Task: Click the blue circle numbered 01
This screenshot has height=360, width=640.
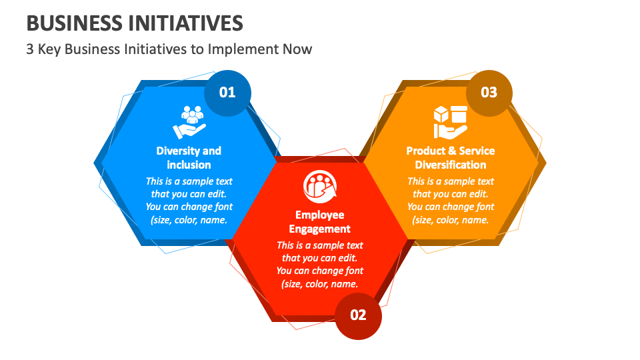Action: pyautogui.click(x=227, y=93)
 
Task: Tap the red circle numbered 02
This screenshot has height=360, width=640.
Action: pyautogui.click(x=358, y=315)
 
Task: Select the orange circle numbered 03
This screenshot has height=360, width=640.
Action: pyautogui.click(x=489, y=93)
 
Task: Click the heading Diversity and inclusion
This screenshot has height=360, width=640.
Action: pyautogui.click(x=189, y=157)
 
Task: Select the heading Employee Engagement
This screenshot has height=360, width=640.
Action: pyautogui.click(x=320, y=222)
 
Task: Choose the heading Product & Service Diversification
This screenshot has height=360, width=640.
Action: pyautogui.click(x=451, y=157)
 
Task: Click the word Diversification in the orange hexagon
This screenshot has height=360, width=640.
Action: pyautogui.click(x=451, y=165)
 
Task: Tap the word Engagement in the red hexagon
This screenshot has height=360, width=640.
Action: pyautogui.click(x=320, y=229)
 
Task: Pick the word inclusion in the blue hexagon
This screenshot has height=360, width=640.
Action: pyautogui.click(x=189, y=165)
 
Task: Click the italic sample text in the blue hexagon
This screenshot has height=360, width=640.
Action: pyautogui.click(x=189, y=200)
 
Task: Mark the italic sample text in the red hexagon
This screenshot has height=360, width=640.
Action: pyautogui.click(x=320, y=265)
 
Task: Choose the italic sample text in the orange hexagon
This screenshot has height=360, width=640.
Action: pyautogui.click(x=451, y=200)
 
